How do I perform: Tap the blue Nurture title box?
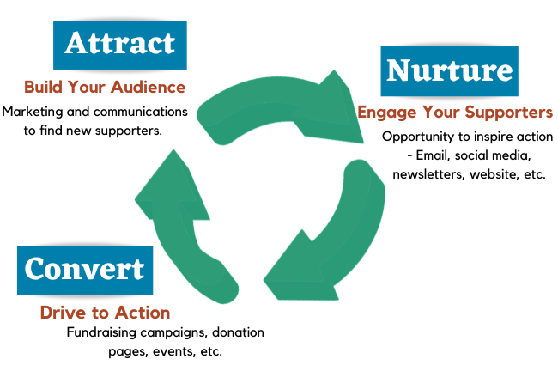coord(449,70)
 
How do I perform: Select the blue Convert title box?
coord(83,270)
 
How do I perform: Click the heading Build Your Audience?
coord(105,87)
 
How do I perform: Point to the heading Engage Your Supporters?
coord(455,113)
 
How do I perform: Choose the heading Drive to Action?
coord(105,313)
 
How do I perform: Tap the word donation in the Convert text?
coord(232,332)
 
